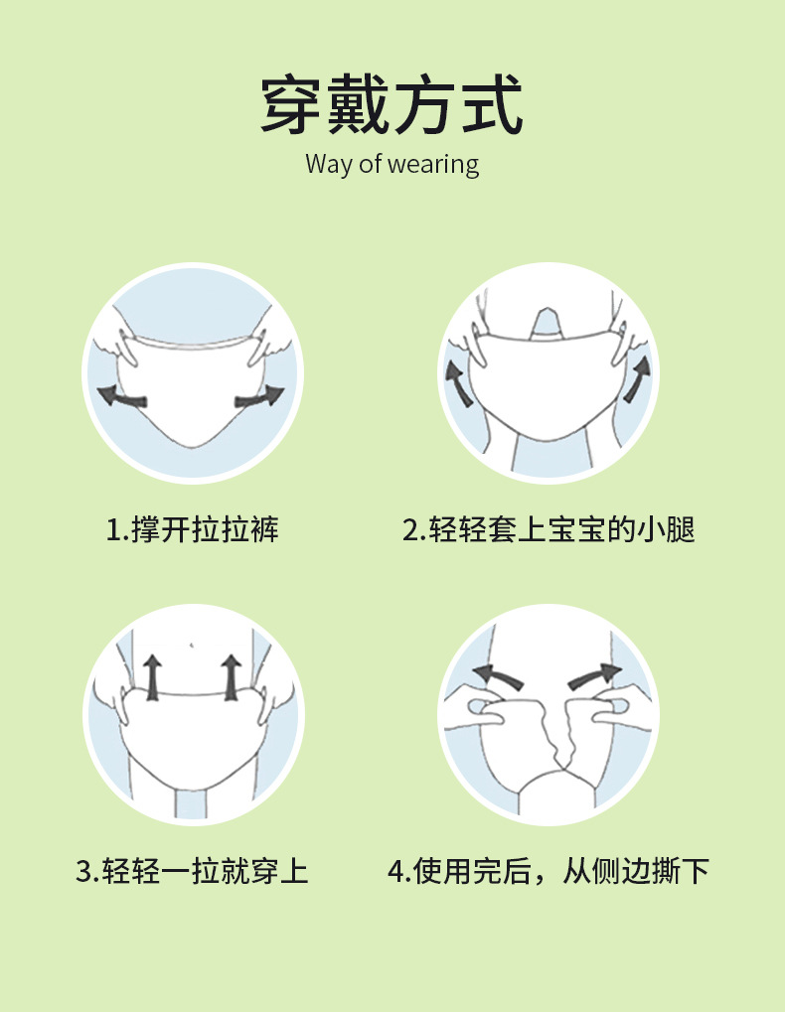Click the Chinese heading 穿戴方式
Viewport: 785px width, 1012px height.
point(392,104)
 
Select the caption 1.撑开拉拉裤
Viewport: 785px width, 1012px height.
point(193,530)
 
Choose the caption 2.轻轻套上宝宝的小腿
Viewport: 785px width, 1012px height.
point(549,530)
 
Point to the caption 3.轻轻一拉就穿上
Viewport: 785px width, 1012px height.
point(192,871)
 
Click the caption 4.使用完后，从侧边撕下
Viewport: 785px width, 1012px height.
point(549,871)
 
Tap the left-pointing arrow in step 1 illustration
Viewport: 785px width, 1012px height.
point(121,396)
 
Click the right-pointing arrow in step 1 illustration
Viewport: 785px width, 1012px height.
point(259,396)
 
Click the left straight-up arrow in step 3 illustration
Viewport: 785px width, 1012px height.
point(152,677)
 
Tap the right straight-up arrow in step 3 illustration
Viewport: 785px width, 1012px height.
point(232,677)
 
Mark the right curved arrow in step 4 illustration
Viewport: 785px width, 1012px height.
point(594,675)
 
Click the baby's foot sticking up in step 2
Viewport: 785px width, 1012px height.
point(548,324)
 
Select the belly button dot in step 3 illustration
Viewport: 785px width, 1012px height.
point(192,645)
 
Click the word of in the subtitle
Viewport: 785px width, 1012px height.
point(371,164)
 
